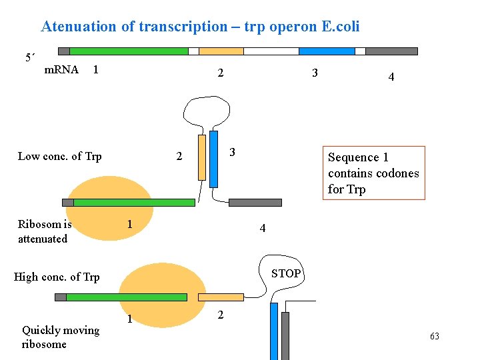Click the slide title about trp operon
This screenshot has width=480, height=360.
tap(200, 27)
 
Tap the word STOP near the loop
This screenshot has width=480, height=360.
tap(286, 273)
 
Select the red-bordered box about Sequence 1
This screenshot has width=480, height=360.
tap(373, 173)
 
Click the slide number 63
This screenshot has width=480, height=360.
tap(435, 337)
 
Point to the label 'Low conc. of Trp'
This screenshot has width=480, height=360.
tap(59, 157)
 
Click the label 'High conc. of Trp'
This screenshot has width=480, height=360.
tap(57, 277)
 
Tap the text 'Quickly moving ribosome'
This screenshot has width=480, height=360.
tap(60, 337)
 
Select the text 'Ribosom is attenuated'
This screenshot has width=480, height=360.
tap(44, 231)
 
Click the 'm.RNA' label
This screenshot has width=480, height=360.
tap(61, 69)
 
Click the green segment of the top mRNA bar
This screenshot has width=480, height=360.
tap(129, 51)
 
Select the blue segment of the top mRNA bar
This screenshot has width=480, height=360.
tap(327, 51)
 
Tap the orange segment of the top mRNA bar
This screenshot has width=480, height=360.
tap(221, 51)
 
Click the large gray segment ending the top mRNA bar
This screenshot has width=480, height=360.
tap(391, 51)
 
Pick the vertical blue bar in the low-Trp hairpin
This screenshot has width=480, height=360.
tap(213, 159)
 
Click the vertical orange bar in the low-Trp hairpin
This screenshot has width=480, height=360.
tap(202, 157)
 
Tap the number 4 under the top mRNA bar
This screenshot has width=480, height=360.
tap(391, 77)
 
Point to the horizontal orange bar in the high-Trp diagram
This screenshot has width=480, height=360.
tap(221, 297)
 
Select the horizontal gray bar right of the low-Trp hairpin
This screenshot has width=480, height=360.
tap(255, 202)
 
